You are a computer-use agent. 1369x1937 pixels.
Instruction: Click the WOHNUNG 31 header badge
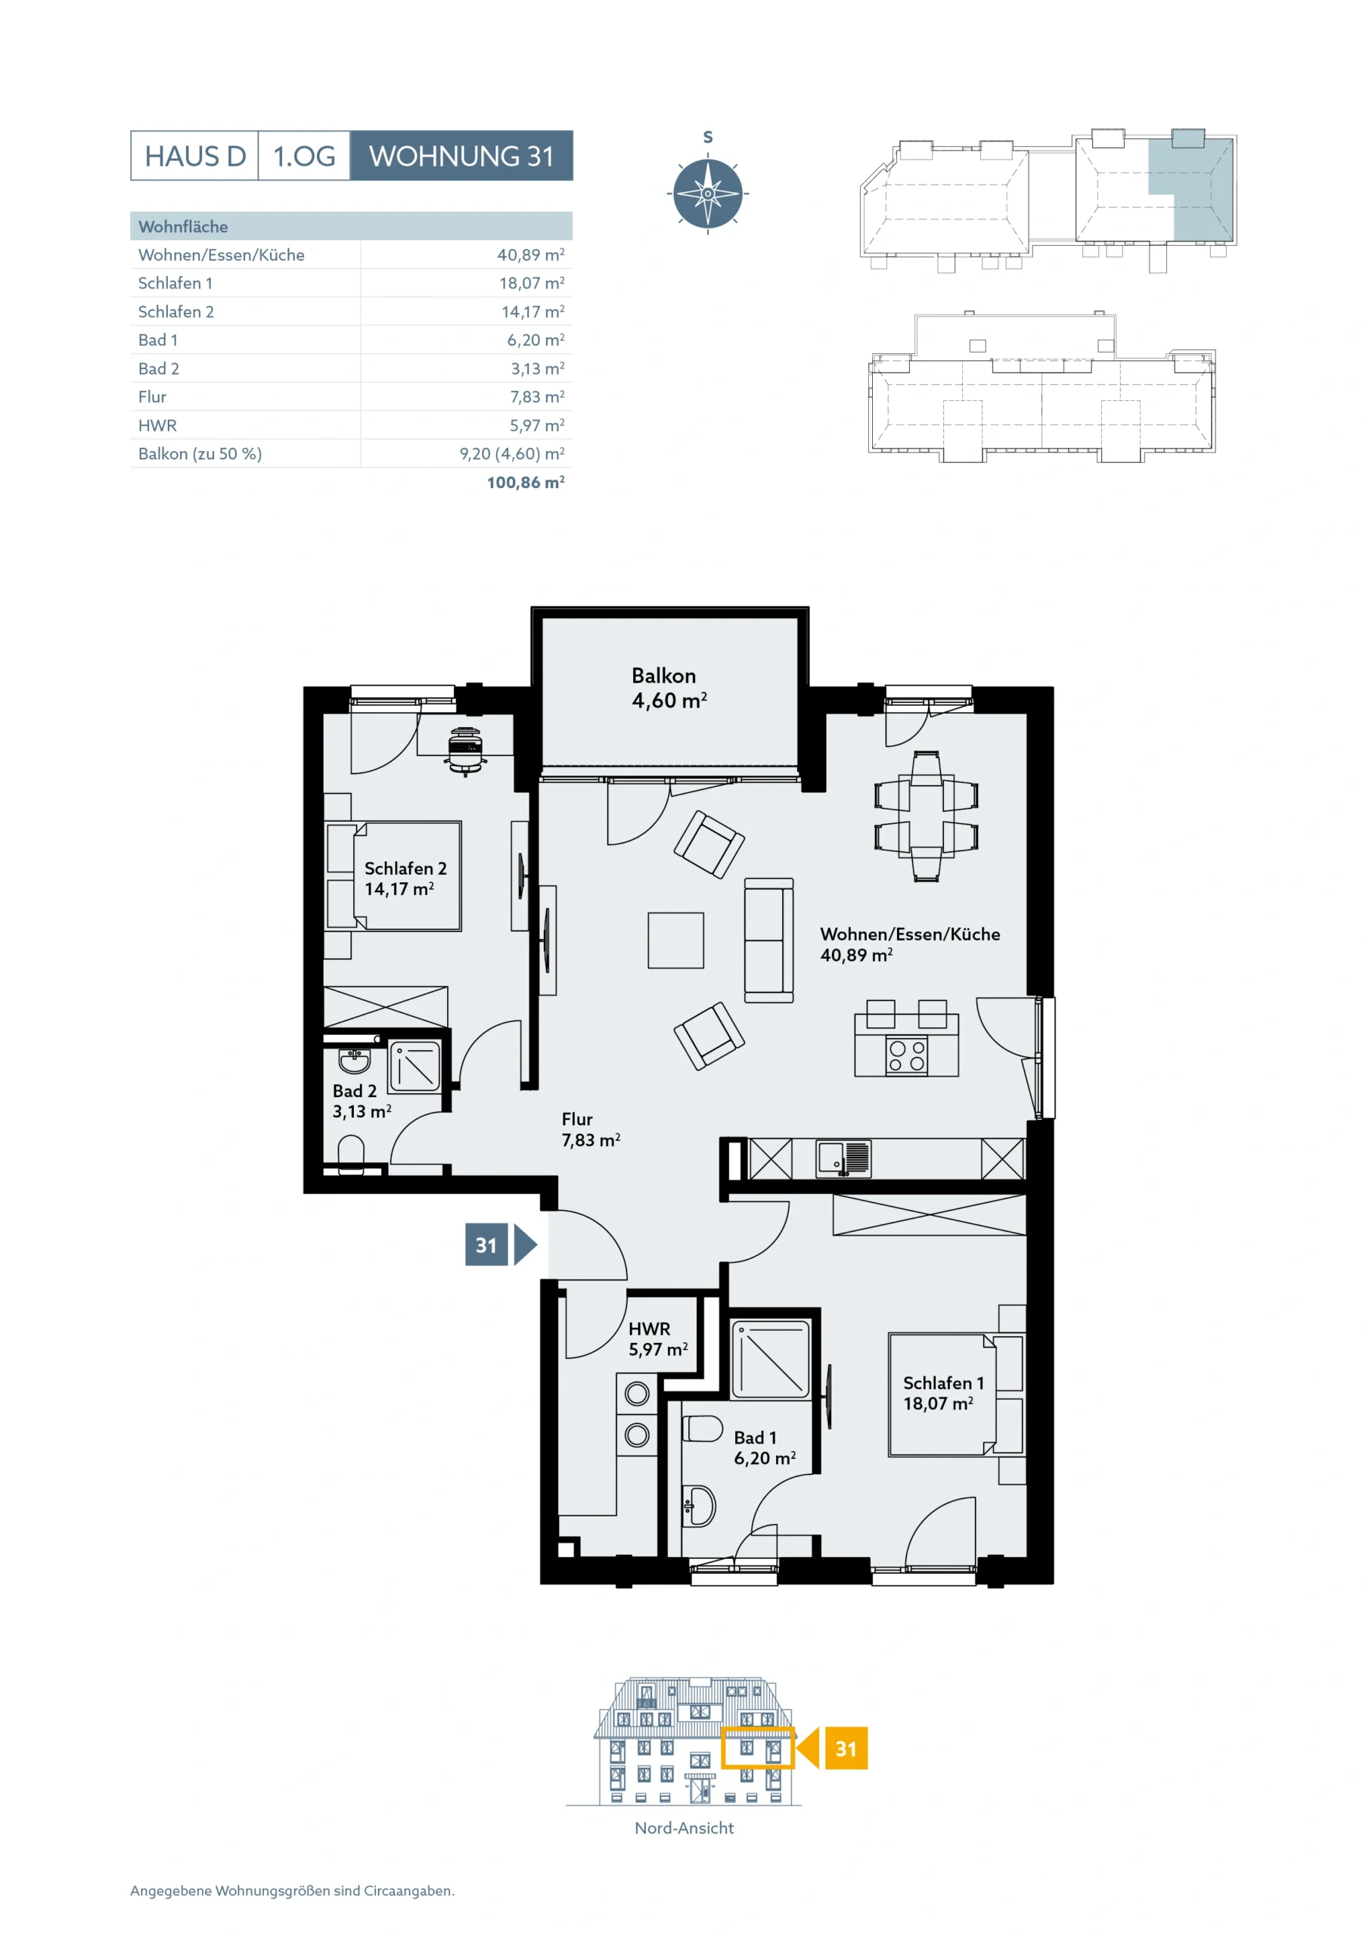coord(461,156)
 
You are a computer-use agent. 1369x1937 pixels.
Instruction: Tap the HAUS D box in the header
coord(195,156)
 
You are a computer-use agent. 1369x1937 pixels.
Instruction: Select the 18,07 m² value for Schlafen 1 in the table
coord(532,283)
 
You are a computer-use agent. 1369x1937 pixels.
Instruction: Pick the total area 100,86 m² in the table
coord(526,483)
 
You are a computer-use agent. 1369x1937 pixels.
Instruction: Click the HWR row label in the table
coord(158,425)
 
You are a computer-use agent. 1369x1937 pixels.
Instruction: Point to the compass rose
coord(708,193)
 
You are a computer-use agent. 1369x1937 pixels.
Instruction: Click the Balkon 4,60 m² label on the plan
coord(668,688)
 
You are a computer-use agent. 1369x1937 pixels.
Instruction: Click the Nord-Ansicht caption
coord(684,1828)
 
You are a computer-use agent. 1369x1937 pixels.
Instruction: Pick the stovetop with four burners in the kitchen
coord(907,1056)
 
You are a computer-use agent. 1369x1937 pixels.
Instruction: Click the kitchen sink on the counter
coord(843,1158)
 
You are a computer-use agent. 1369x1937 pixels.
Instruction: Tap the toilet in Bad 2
coord(351,1154)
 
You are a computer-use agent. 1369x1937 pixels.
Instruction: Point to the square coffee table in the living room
coord(675,940)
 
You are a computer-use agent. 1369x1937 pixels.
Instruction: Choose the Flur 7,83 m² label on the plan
coord(591,1129)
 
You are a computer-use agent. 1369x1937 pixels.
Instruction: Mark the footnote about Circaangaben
coord(293,1891)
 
